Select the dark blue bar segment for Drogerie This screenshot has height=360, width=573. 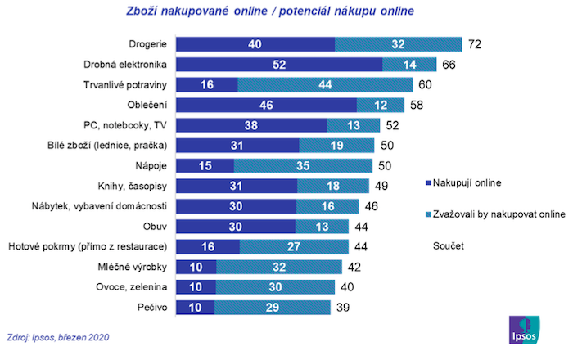255,43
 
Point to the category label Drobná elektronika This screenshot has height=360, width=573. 126,64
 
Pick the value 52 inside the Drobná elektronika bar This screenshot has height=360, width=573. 278,64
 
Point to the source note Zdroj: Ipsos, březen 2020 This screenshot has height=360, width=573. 57,336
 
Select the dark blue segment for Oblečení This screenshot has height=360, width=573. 266,105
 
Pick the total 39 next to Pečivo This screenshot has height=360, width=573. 344,306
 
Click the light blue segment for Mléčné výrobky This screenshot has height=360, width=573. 278,266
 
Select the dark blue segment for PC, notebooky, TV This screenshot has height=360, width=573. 251,124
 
